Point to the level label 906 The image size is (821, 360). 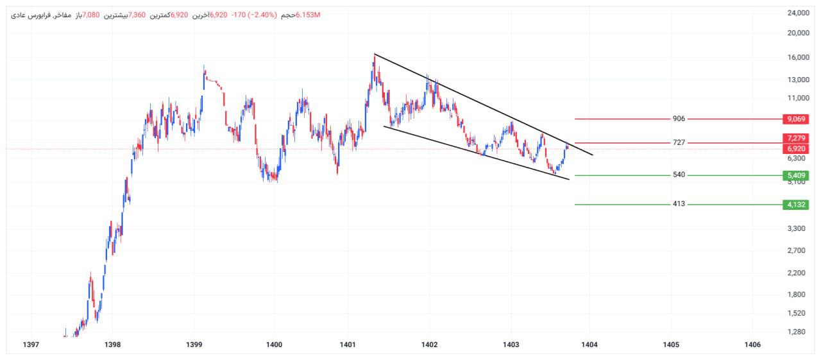tap(679, 119)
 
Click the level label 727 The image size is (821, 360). tap(679, 142)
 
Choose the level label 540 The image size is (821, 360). tap(679, 175)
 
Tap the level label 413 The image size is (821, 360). tap(679, 204)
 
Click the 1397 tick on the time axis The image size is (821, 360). tap(31, 345)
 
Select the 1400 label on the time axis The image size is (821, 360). tap(274, 345)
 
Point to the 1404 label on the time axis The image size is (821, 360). tap(589, 345)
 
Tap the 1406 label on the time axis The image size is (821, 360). tap(752, 345)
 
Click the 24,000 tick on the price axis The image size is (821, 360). tap(797, 13)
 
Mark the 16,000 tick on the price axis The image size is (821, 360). tap(797, 57)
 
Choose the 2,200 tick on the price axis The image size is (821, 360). tap(799, 273)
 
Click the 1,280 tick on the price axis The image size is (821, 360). tap(799, 332)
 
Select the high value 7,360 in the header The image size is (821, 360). tap(137, 15)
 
